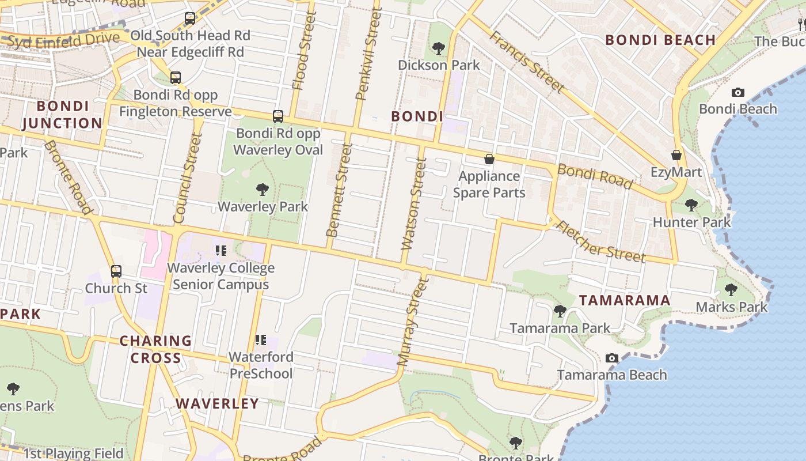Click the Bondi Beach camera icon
coord(737,92)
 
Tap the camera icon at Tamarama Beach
coord(612,358)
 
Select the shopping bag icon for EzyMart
coord(676,155)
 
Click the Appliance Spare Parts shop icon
coord(489,159)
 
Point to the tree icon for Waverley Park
coord(263,189)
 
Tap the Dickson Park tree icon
coord(439,48)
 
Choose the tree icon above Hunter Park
coord(691,205)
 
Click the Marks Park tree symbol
coord(731,289)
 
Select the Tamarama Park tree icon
coord(560,311)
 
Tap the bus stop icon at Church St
coord(116,271)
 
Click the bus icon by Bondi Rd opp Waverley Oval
coord(278,116)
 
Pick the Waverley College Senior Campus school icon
coord(221,250)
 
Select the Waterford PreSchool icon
coord(261,340)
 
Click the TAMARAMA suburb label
coord(625,300)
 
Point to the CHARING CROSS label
coord(155,349)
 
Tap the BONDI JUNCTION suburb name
coord(62,115)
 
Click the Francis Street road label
coord(527,62)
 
